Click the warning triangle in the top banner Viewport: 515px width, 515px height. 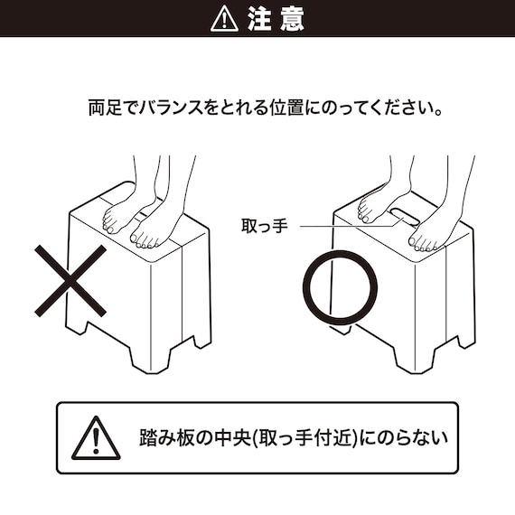224,18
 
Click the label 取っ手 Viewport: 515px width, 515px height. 264,226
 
